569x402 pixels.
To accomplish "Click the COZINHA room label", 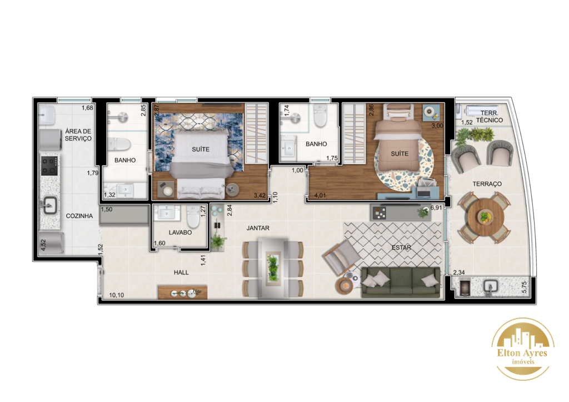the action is pos(79,216).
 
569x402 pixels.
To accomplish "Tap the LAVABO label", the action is pos(180,232).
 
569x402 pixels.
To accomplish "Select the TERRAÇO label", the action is pos(487,184).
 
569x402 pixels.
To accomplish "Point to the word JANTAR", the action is pos(258,228).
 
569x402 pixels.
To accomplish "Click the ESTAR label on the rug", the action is pos(401,247).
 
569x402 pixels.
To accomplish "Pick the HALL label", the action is pos(181,272).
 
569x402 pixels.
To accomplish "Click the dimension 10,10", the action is pos(117,295).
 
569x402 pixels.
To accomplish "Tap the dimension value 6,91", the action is pos(436,208).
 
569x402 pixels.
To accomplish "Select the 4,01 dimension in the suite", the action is pos(320,195).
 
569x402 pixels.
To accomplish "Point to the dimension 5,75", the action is pos(523,287).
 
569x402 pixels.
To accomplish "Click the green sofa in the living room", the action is pos(401,282).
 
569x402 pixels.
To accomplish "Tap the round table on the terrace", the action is pos(486,217).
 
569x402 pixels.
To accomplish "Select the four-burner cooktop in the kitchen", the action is pos(49,166).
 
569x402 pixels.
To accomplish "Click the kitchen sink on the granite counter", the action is pos(49,205).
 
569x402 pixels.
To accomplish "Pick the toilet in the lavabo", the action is pos(193,217).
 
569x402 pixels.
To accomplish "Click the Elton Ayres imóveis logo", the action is pos(522,349).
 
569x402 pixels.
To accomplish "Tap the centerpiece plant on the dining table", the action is pos(273,268).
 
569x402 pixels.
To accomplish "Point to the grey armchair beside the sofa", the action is pos(342,256).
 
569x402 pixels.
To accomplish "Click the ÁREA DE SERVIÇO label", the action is pos(78,135).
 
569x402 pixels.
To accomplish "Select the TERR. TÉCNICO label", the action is pos(489,117).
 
